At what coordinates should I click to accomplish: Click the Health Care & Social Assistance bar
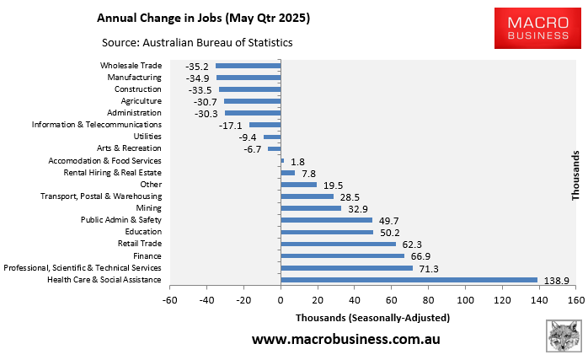409,280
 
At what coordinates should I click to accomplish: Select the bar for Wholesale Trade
248,66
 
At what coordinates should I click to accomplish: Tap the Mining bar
311,208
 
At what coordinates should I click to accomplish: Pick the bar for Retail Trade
338,244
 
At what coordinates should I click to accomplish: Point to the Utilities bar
272,137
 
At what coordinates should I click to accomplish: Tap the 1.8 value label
297,161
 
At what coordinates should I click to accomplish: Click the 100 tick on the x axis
465,298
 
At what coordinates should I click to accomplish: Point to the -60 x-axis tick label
170,298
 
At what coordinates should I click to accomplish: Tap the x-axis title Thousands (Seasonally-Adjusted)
372,318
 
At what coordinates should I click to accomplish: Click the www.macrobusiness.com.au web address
345,340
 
